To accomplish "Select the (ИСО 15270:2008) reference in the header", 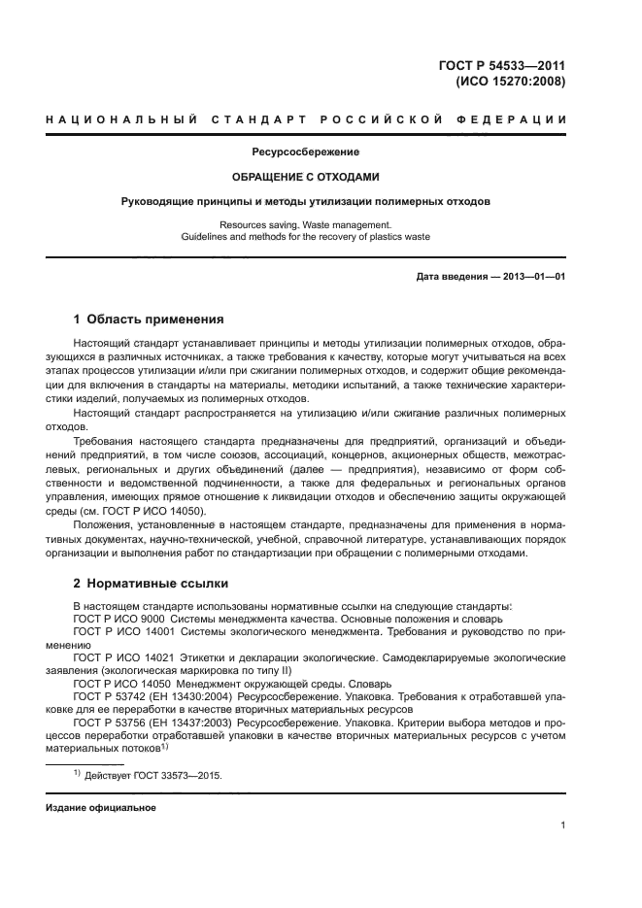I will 511,82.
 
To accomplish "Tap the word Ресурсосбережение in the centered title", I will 306,152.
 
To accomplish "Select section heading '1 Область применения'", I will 149,319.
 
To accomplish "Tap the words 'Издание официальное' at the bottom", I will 100,808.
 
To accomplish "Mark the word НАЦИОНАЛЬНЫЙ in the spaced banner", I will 116,119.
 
